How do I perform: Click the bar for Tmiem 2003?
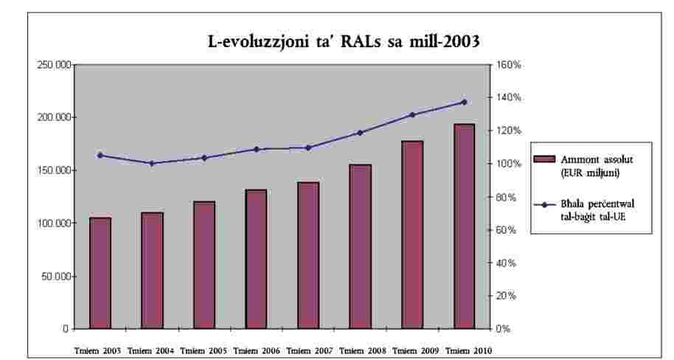point(100,273)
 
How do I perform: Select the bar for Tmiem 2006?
point(256,259)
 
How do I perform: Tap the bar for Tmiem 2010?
point(464,226)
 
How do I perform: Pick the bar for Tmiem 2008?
point(360,246)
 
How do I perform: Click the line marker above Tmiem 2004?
point(152,163)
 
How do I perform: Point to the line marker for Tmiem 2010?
point(464,102)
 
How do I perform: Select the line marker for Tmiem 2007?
point(308,148)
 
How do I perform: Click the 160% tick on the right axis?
point(509,65)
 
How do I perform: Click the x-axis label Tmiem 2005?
point(204,350)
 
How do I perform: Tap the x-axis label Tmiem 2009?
point(412,350)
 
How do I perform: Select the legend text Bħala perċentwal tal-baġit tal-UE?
point(597,209)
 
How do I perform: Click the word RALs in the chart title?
point(354,42)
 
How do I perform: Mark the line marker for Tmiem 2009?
point(412,115)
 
